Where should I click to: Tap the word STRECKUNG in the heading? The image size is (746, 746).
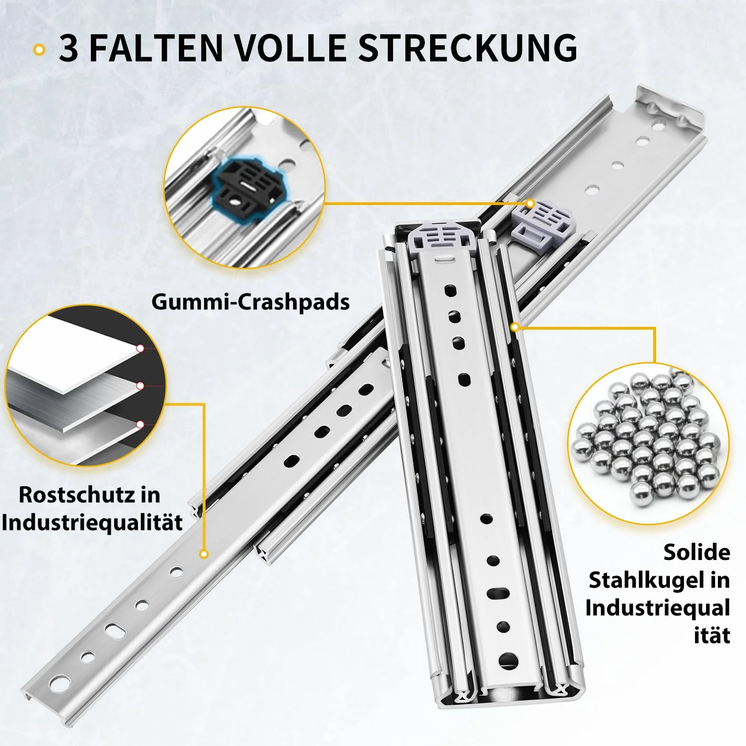[468, 48]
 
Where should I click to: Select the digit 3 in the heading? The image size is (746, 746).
[69, 48]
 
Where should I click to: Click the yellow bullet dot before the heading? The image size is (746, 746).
[40, 49]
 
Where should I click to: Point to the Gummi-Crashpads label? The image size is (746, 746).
[251, 302]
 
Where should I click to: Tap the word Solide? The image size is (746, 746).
[697, 552]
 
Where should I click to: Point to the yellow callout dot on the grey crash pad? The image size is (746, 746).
[530, 204]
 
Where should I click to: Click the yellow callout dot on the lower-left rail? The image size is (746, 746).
[204, 554]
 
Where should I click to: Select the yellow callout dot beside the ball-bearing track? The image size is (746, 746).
[514, 327]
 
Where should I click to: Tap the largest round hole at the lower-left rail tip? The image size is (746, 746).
[59, 684]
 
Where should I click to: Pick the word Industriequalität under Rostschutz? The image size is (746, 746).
[92, 523]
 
